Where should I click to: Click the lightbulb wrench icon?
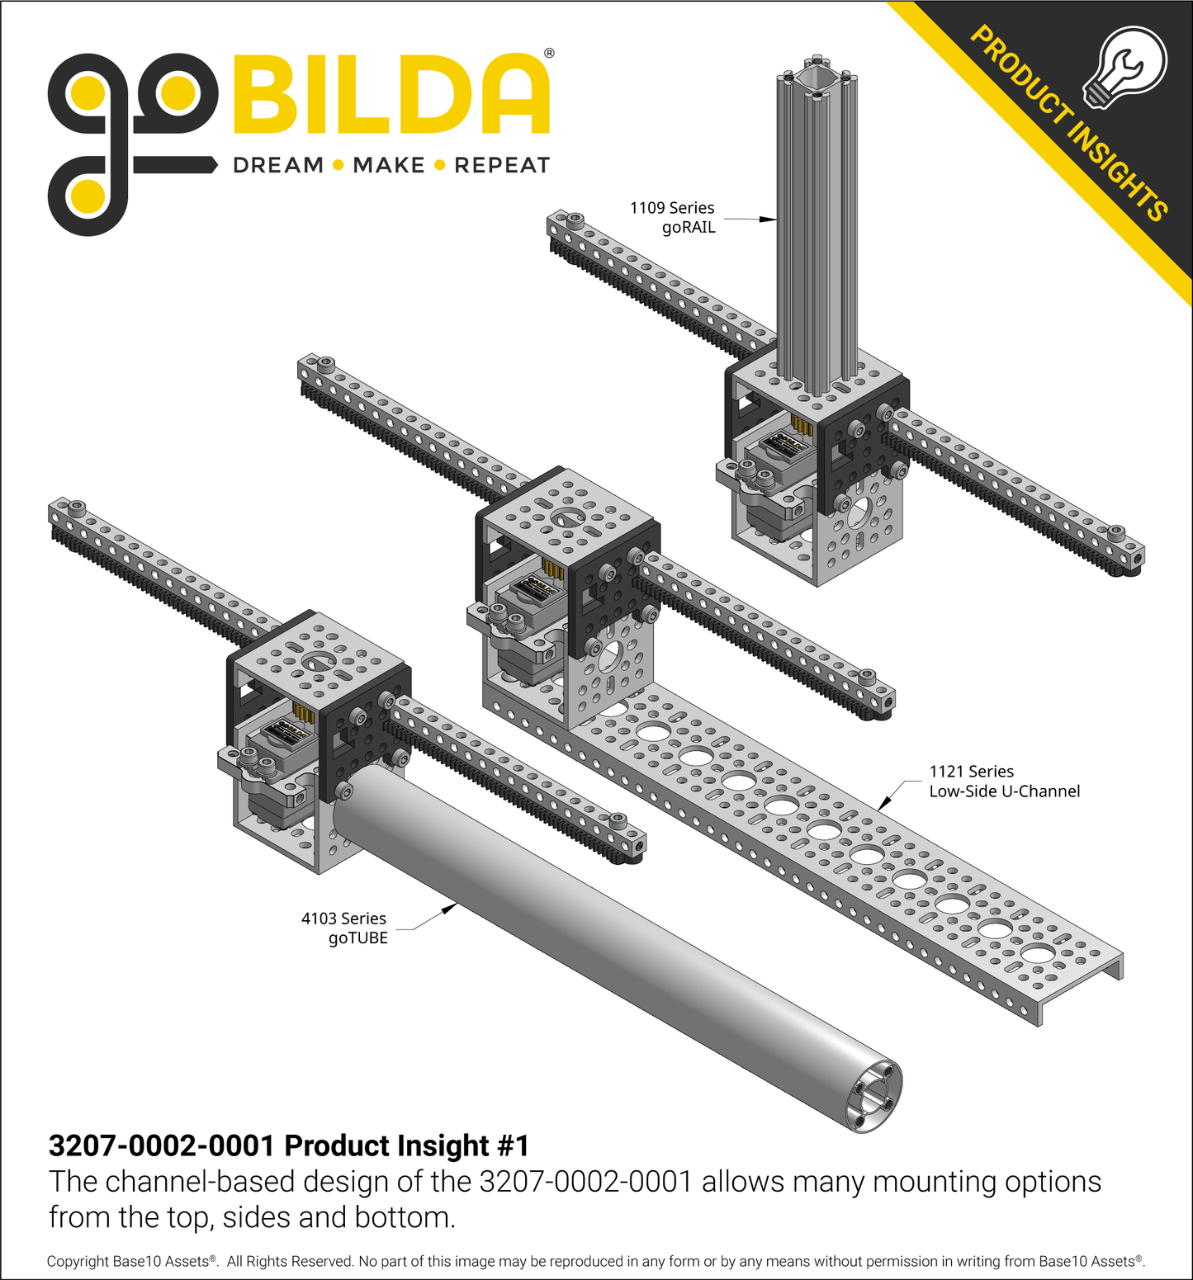click(x=1124, y=67)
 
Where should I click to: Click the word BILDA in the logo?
click(x=391, y=95)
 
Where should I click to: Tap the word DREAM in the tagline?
click(x=278, y=166)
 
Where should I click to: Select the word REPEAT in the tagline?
click(x=501, y=166)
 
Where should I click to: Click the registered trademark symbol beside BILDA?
click(x=549, y=54)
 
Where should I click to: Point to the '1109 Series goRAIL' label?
click(x=672, y=218)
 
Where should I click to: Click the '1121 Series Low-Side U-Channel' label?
click(x=1004, y=782)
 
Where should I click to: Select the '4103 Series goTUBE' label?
click(x=344, y=928)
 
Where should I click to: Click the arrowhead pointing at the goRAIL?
click(x=768, y=220)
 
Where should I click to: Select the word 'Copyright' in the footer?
click(x=78, y=1261)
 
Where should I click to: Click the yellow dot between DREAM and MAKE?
click(x=338, y=166)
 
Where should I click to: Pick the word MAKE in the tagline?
click(x=388, y=166)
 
